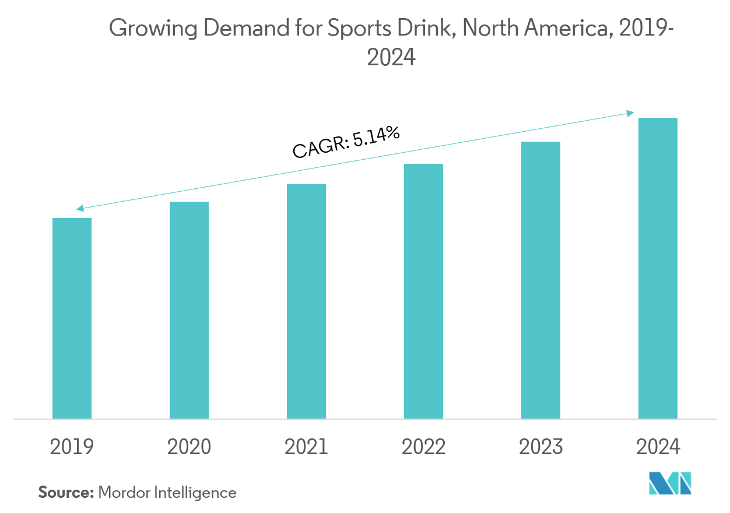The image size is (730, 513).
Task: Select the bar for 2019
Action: point(72,318)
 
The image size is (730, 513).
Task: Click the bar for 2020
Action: point(189,310)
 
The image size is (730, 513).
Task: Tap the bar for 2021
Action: point(306,301)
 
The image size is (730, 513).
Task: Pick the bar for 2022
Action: point(423,291)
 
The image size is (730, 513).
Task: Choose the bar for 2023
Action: point(541,280)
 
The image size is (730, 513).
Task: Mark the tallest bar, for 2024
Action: point(658,268)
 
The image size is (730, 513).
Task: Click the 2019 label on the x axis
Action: point(72,447)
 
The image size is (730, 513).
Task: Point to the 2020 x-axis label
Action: point(189,447)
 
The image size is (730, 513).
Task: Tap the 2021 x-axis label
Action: point(306,447)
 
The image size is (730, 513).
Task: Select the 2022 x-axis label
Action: point(423,447)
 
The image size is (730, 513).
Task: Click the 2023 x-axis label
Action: point(541,447)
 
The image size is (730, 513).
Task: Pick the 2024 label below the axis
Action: point(658,447)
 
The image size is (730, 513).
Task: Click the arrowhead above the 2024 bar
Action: point(631,113)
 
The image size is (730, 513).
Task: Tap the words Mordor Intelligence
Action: point(167,493)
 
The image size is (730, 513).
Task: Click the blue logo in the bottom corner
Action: point(670,483)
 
